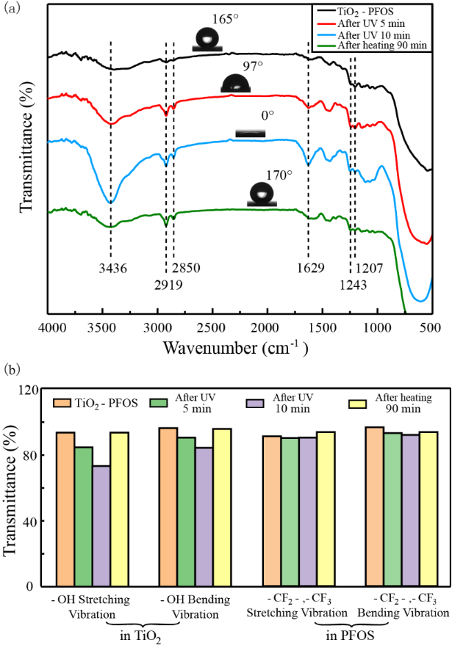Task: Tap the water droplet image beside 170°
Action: (260, 196)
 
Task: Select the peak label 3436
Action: (111, 268)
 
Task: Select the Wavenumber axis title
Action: (234, 346)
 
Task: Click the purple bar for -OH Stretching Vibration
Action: (101, 525)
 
